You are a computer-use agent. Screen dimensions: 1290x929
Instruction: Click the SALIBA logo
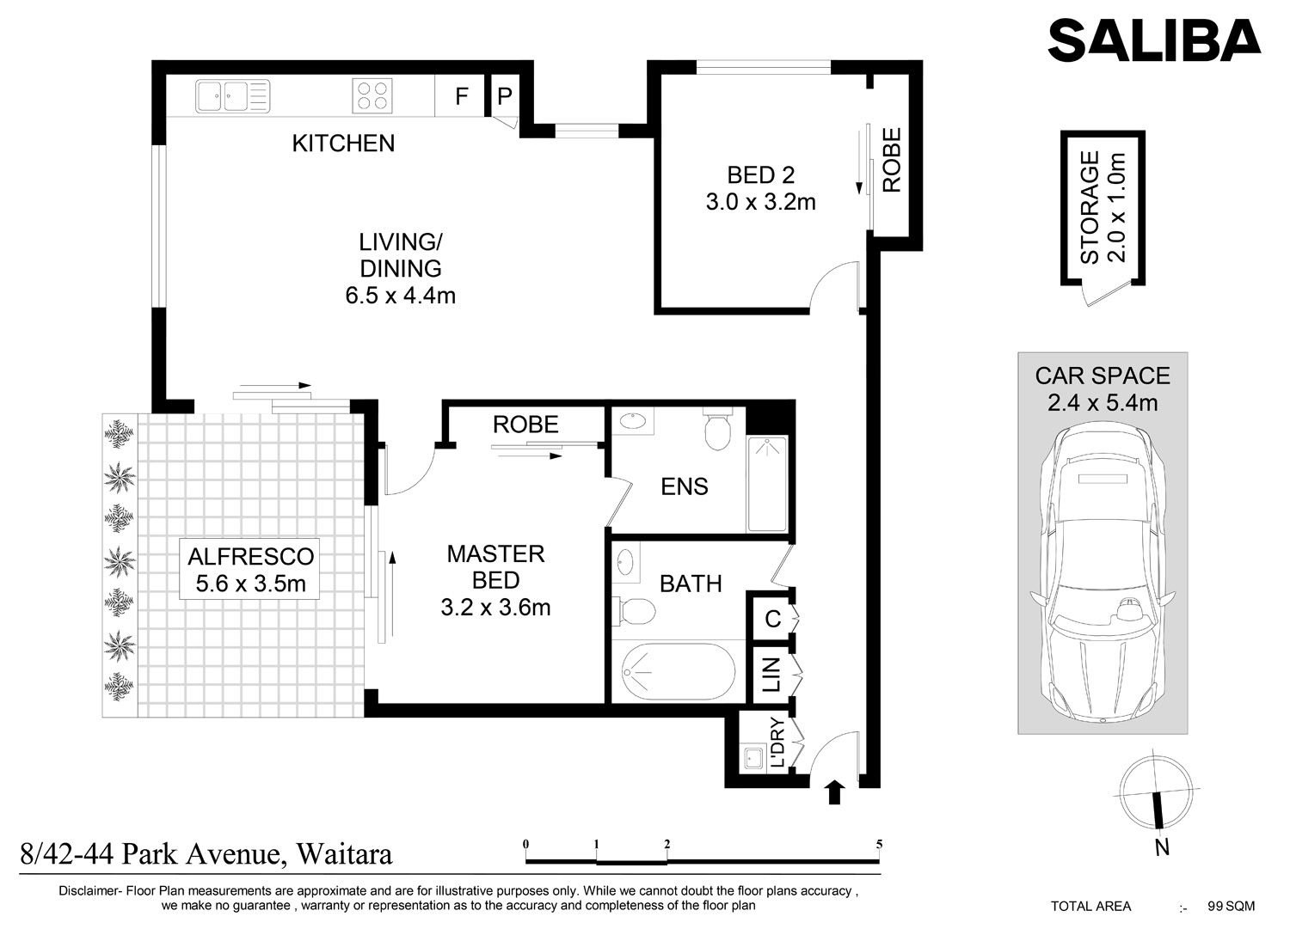point(1154,40)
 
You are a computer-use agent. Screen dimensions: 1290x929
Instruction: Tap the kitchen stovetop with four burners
point(372,95)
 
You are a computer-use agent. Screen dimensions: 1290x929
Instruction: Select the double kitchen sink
point(233,96)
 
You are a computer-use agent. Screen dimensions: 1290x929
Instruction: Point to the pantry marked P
point(505,95)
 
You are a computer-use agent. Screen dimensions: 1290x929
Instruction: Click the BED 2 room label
point(761,175)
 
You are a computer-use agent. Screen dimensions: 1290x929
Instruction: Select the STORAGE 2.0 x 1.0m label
point(1103,207)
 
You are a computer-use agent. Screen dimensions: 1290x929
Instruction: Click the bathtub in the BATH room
point(679,671)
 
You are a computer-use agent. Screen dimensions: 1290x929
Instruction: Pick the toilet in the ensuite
point(717,428)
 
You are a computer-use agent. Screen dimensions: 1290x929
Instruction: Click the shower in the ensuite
point(766,484)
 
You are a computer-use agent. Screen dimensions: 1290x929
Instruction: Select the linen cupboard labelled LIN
point(771,674)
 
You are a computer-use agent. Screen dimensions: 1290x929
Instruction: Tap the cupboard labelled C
point(772,619)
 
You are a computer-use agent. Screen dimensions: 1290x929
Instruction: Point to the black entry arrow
point(835,792)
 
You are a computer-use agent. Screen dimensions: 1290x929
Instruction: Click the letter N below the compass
point(1162,848)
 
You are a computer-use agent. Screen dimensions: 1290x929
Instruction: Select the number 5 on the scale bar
point(879,845)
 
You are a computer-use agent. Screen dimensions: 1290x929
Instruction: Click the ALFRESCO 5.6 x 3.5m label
point(250,570)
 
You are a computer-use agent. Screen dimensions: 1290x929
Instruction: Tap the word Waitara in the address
point(344,855)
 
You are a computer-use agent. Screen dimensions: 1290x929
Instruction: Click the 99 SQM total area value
point(1232,907)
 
